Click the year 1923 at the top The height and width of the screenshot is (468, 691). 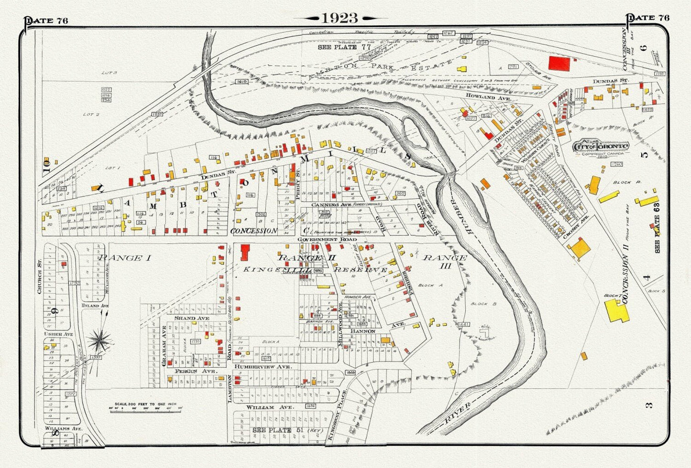[x=340, y=18]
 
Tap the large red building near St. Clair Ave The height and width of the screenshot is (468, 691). [x=559, y=64]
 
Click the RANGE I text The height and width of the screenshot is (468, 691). [x=125, y=258]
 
